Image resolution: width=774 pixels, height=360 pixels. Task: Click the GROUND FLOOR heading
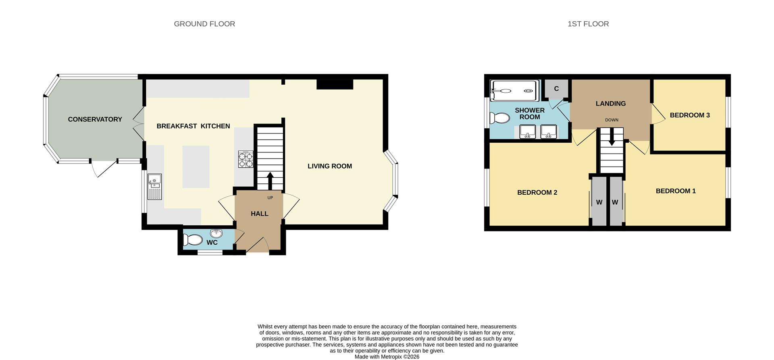click(x=204, y=24)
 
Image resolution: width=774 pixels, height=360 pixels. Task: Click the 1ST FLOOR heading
click(x=588, y=24)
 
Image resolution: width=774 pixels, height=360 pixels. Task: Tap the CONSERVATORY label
click(x=95, y=119)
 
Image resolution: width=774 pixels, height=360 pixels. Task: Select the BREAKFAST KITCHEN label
click(x=193, y=126)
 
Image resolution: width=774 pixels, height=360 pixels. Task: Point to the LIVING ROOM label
click(x=329, y=166)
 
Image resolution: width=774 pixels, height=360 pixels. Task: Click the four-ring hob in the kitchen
click(x=246, y=159)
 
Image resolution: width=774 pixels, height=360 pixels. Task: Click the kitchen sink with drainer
click(x=154, y=186)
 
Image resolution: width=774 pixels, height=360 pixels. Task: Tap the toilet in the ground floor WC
click(x=193, y=240)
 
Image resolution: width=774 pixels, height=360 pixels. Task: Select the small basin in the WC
click(x=216, y=233)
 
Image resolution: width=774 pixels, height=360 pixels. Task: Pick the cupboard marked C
click(x=556, y=89)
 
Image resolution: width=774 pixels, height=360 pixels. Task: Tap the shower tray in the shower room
click(x=514, y=91)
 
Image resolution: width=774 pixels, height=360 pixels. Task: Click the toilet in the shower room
click(x=499, y=118)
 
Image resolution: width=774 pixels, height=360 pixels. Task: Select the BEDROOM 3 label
click(x=689, y=115)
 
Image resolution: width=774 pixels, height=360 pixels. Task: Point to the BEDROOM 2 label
click(x=537, y=193)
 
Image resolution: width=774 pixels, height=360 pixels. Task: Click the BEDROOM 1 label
click(x=676, y=191)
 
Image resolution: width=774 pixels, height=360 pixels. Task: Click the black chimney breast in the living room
click(x=335, y=84)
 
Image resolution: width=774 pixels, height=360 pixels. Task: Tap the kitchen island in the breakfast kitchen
click(x=196, y=166)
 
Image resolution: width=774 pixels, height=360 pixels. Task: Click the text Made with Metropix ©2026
click(x=387, y=357)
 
